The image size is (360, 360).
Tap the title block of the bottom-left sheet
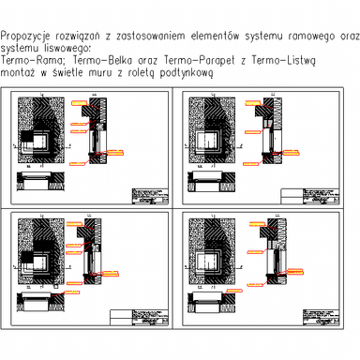click(x=140, y=318)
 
